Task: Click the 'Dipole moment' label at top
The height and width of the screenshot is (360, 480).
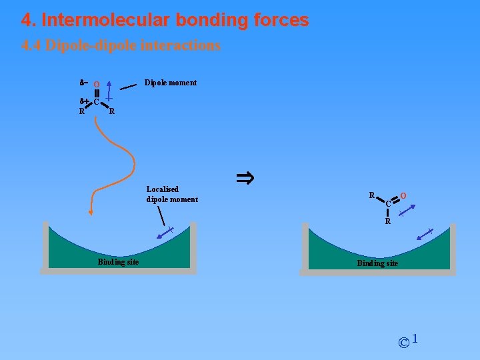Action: click(171, 83)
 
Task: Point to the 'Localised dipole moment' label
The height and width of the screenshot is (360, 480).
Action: click(172, 194)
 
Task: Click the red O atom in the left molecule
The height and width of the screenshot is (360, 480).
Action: click(97, 85)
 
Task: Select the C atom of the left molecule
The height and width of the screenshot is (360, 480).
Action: click(97, 102)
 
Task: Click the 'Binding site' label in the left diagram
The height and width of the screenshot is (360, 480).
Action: click(118, 262)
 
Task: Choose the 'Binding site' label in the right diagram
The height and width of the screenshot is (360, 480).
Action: click(377, 263)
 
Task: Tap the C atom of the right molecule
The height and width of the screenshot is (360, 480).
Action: click(388, 204)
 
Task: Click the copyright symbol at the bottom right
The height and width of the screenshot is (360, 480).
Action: click(403, 343)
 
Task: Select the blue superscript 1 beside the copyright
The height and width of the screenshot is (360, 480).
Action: click(415, 339)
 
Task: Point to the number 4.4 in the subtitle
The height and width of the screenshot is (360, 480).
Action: click(31, 46)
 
